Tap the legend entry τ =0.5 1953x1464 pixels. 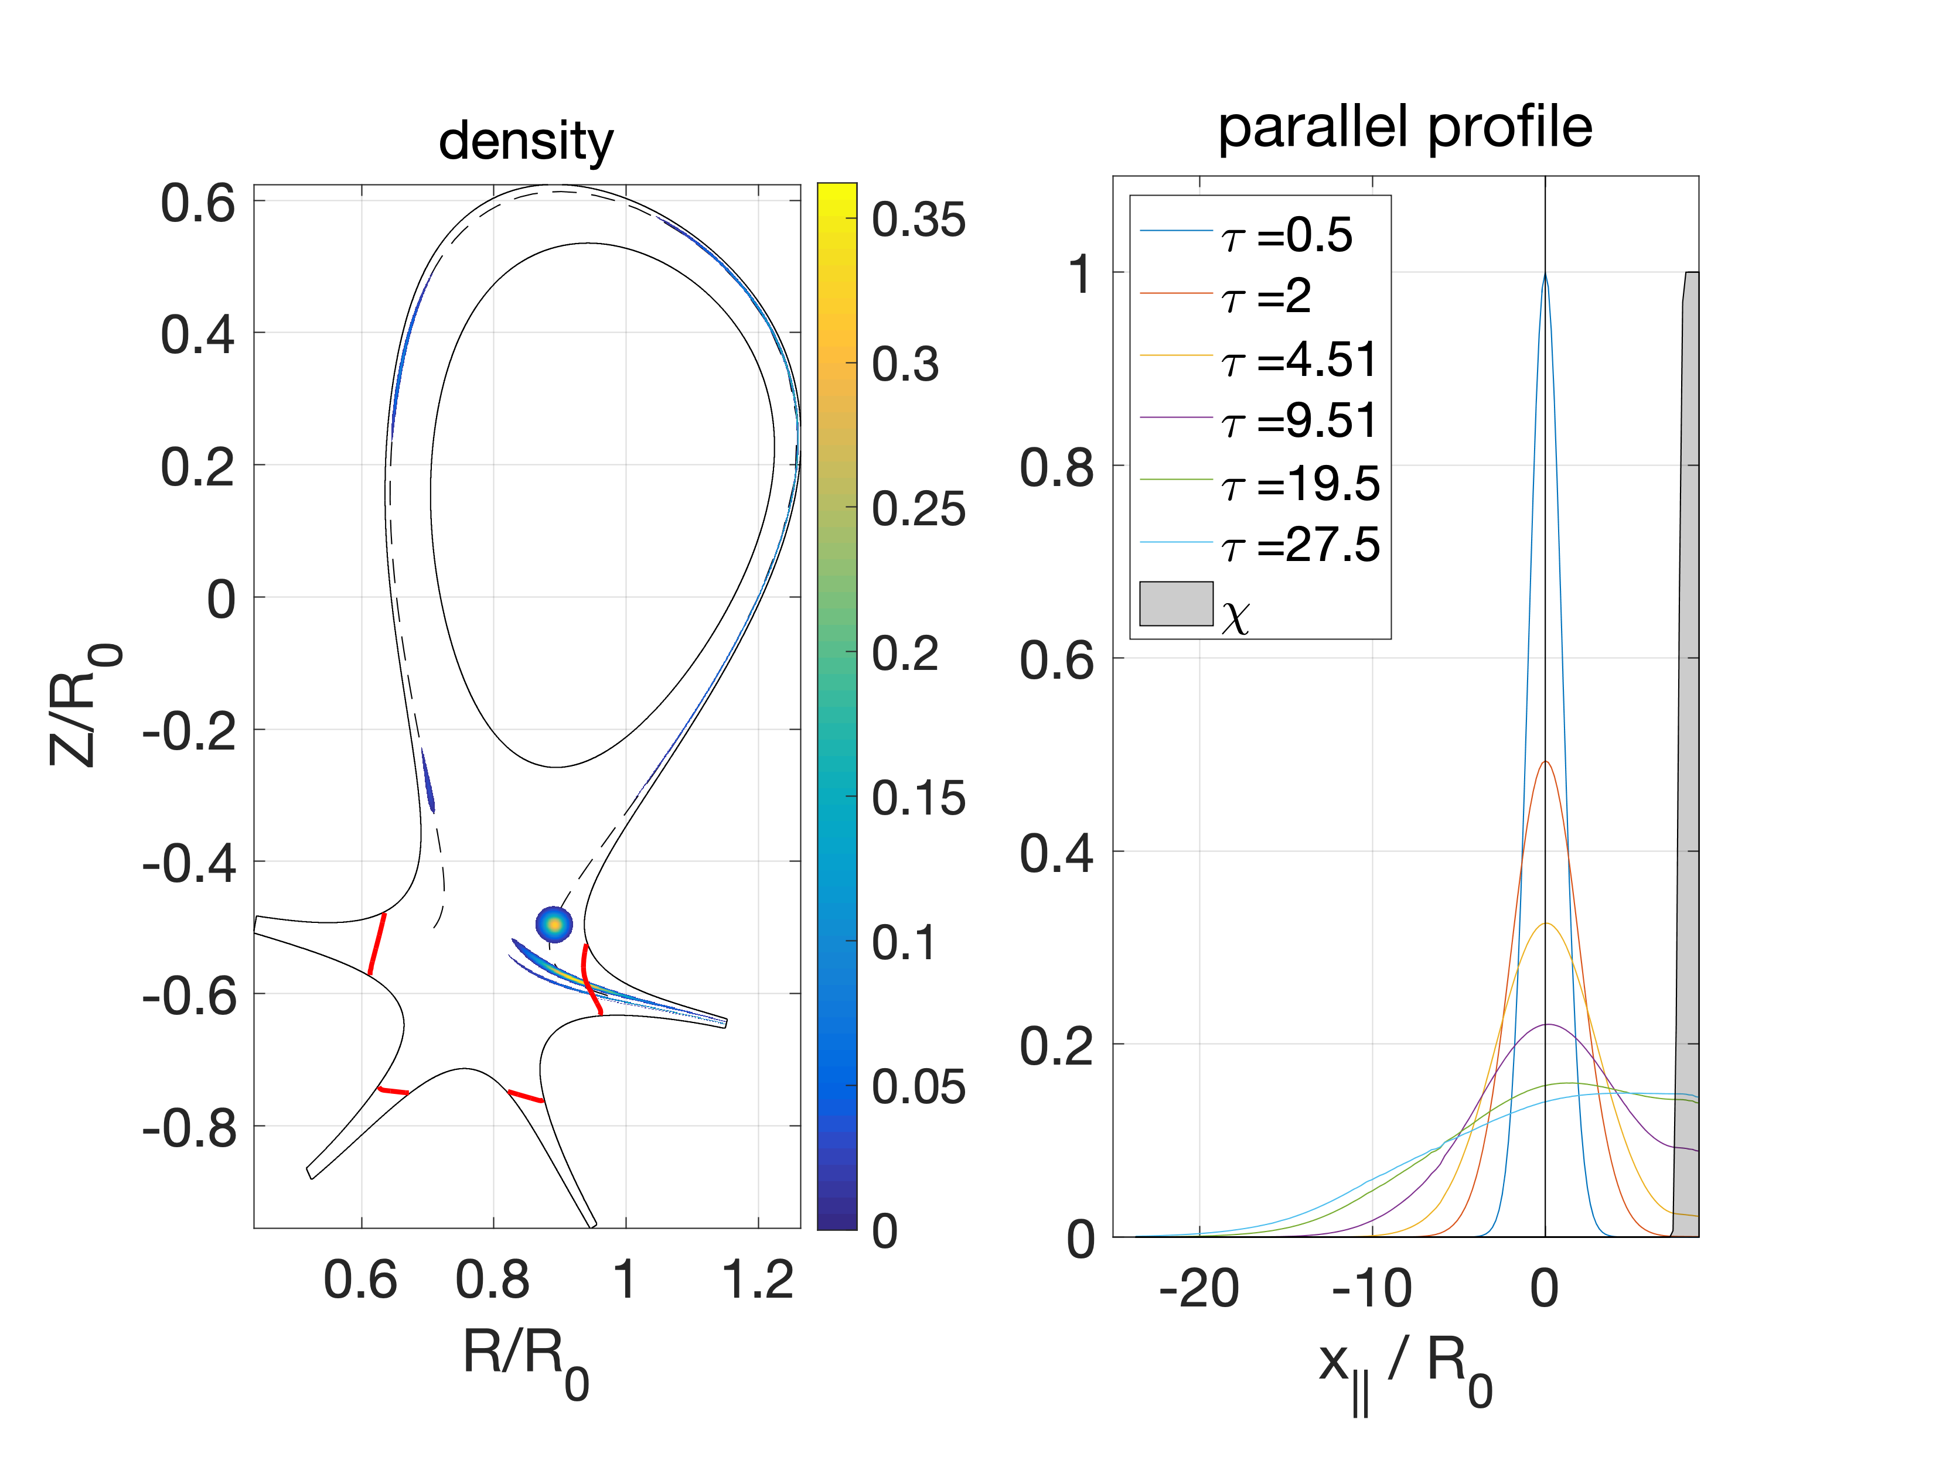[1287, 235]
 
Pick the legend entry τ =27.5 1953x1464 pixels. [1300, 545]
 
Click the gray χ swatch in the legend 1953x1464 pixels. [1176, 604]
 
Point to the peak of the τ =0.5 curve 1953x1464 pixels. [1545, 275]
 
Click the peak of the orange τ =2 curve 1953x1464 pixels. [1545, 761]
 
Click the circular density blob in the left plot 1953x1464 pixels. [554, 925]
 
